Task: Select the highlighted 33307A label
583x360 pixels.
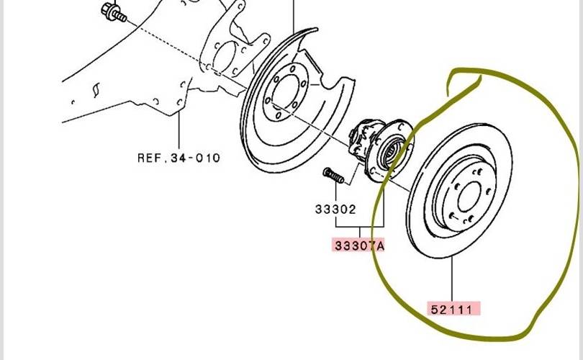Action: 358,246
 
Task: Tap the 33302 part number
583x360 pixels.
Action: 335,210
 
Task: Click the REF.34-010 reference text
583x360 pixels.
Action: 178,158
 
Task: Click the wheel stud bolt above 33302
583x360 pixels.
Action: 333,175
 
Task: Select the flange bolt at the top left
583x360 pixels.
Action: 114,12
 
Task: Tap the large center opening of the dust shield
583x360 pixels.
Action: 285,93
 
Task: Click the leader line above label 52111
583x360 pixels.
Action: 453,279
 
